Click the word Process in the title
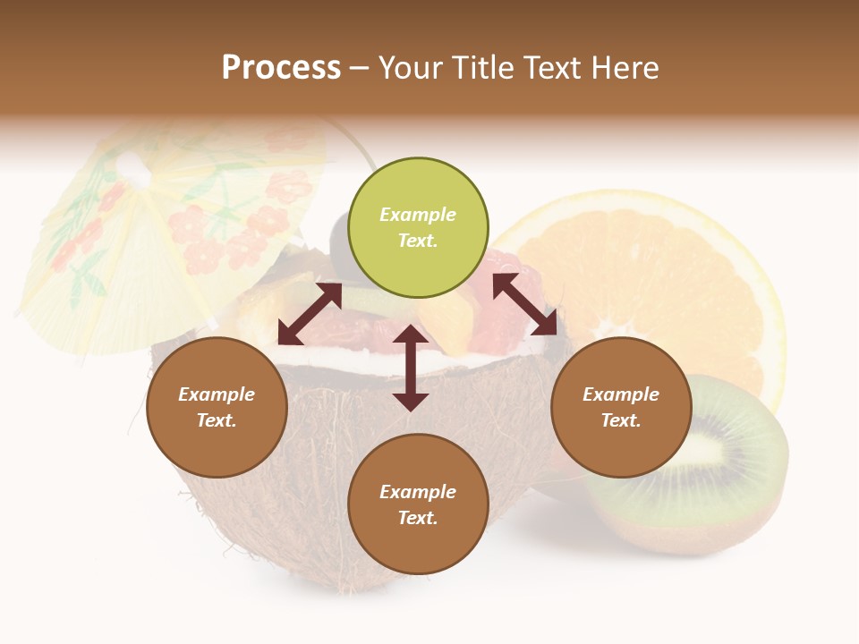[281, 68]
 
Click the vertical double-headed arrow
[411, 368]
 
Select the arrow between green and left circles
[310, 314]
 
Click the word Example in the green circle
[418, 215]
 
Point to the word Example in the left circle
[217, 394]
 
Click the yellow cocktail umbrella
[170, 224]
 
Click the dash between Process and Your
[360, 69]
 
